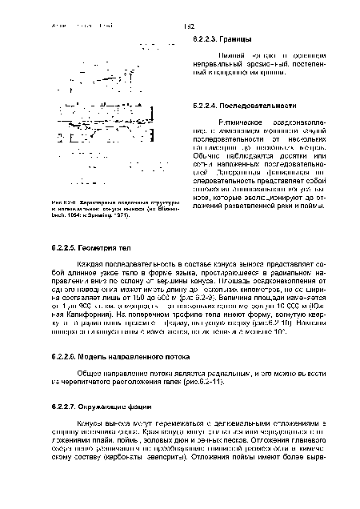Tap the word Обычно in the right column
[x=207, y=155]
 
